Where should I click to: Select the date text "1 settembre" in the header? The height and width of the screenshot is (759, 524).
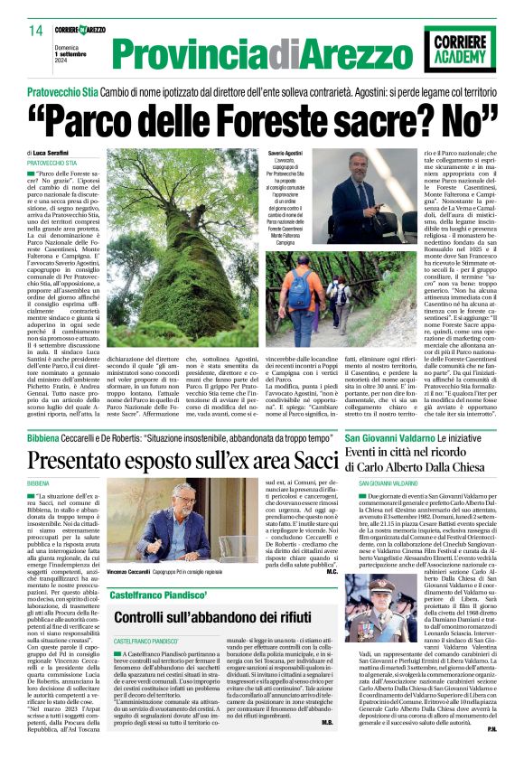75,54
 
